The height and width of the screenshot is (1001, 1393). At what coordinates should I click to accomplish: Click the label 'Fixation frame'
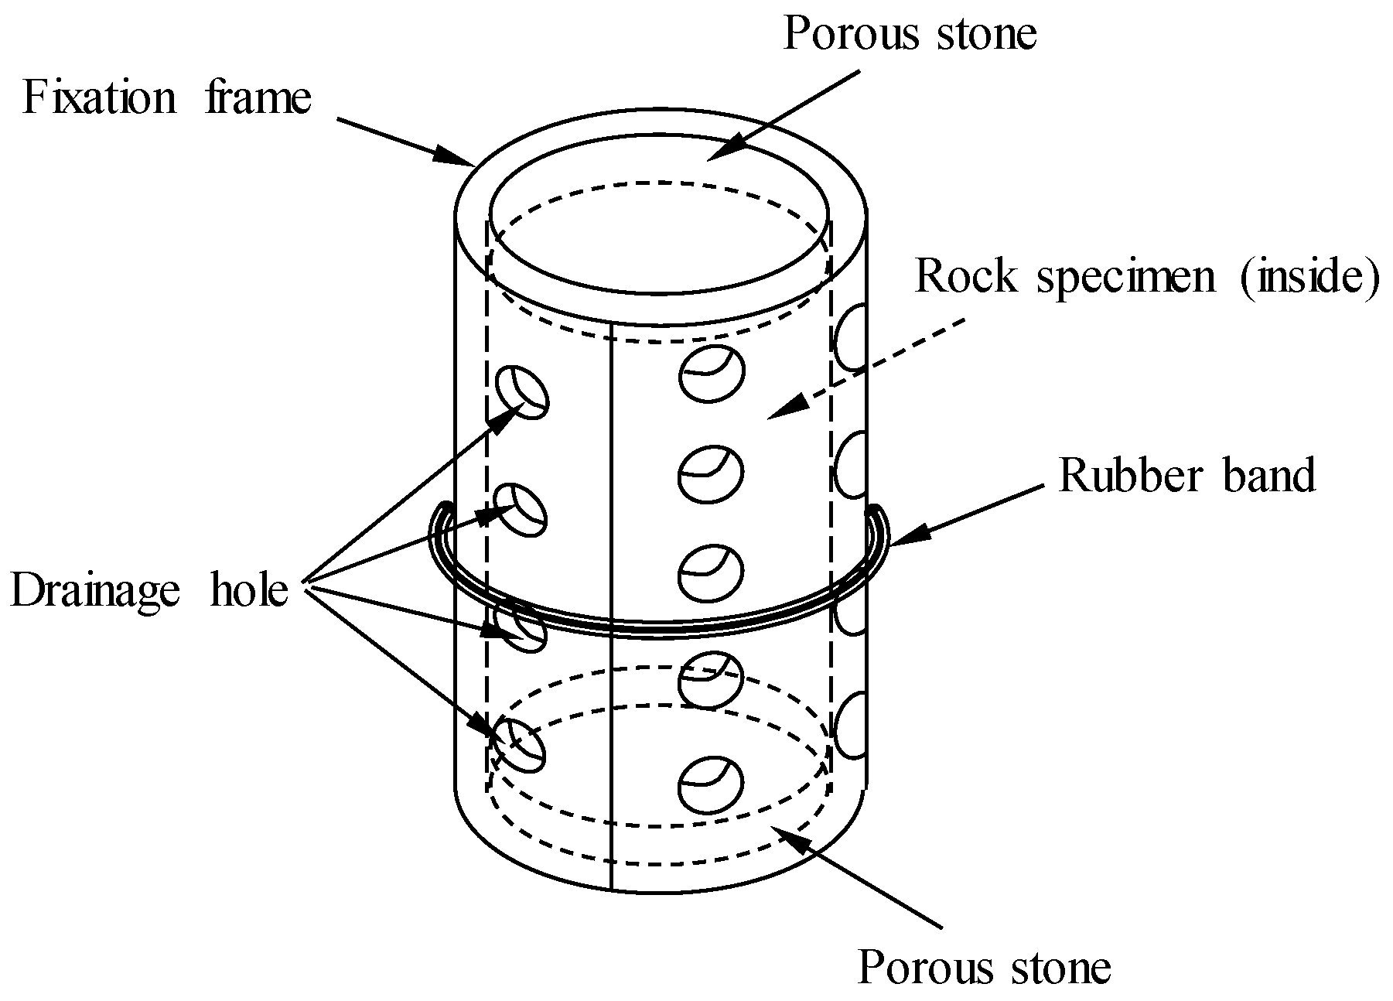tap(167, 99)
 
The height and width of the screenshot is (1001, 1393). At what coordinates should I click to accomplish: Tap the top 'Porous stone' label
tap(909, 33)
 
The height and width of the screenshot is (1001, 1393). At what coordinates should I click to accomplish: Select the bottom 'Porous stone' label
tap(984, 967)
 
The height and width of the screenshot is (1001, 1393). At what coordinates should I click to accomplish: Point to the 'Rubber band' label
tap(1186, 474)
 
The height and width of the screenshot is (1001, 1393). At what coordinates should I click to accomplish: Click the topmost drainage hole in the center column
tap(712, 374)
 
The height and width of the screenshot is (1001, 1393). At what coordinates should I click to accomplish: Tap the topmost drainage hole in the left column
tap(521, 391)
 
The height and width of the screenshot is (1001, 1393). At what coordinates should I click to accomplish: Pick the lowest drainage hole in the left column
tap(519, 744)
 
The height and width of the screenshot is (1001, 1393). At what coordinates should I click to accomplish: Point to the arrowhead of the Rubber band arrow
tap(902, 540)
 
